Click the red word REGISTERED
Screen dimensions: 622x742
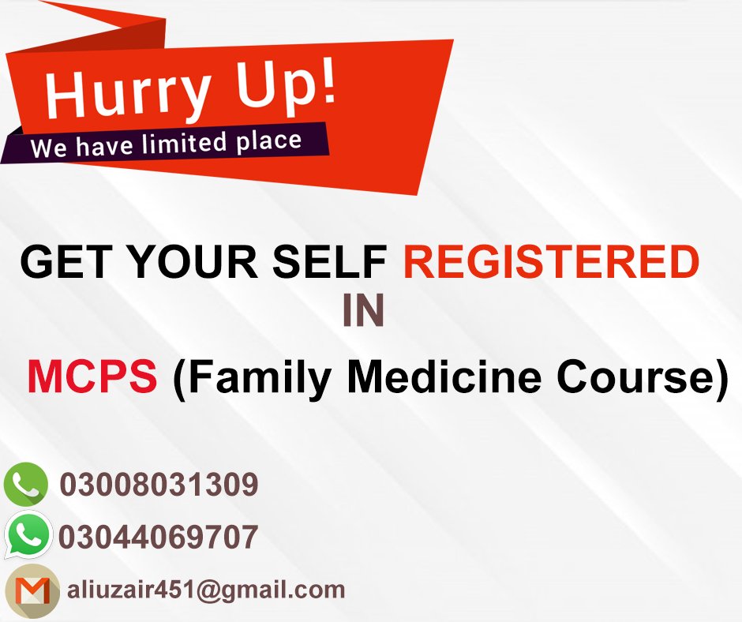point(551,264)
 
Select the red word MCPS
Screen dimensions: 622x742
point(92,377)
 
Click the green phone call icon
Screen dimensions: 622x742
point(26,484)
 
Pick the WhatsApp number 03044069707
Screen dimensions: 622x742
point(158,538)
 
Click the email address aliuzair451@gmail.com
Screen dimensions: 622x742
point(206,590)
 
